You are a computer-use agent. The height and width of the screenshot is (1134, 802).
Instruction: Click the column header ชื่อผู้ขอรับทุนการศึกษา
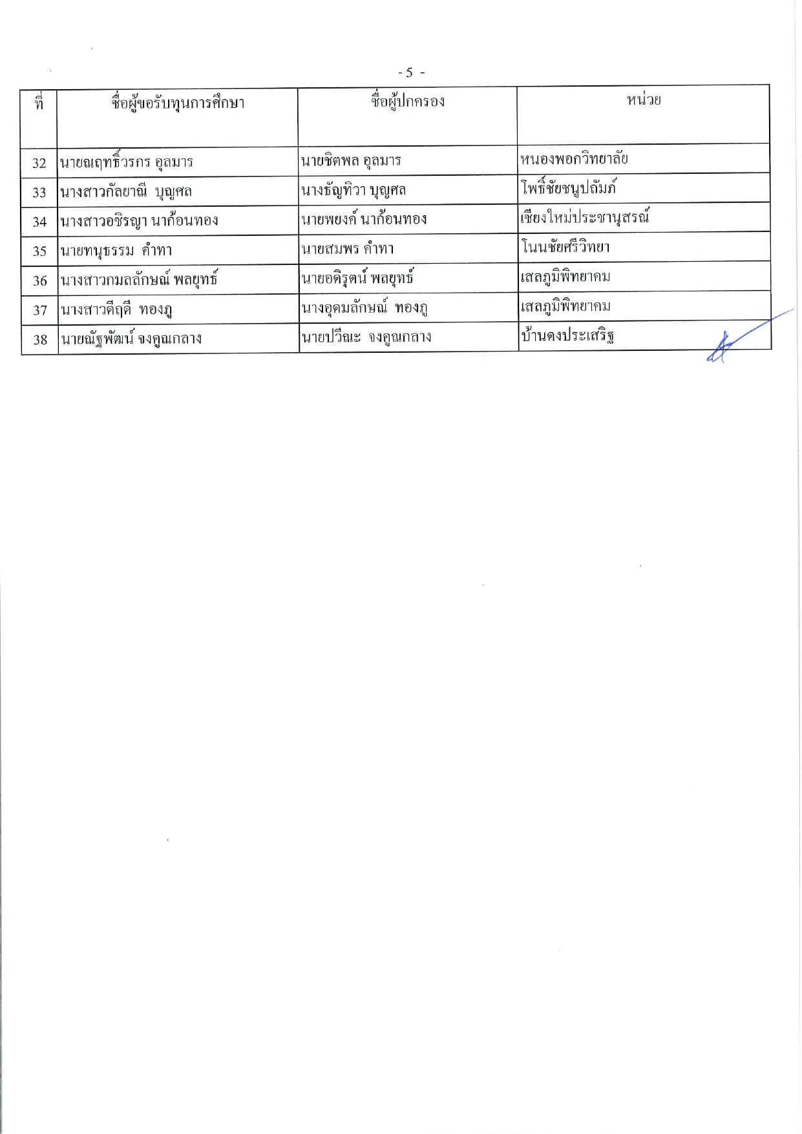pyautogui.click(x=178, y=103)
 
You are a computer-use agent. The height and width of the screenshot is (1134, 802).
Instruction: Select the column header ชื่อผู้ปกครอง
pyautogui.click(x=408, y=102)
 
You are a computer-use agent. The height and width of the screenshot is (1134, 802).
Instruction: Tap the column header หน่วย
pyautogui.click(x=644, y=100)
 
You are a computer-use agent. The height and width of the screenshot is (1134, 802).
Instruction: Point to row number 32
pyautogui.click(x=39, y=163)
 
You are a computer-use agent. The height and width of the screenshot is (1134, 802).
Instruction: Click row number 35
pyautogui.click(x=39, y=251)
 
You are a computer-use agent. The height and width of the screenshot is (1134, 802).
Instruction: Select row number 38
pyautogui.click(x=40, y=340)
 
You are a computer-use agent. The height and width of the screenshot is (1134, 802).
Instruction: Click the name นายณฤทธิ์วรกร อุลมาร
pyautogui.click(x=127, y=162)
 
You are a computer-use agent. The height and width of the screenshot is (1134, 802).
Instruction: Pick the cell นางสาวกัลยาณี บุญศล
pyautogui.click(x=126, y=192)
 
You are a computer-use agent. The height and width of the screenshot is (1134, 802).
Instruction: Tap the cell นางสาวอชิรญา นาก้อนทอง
pyautogui.click(x=139, y=221)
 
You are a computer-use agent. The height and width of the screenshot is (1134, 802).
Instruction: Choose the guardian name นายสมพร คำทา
pyautogui.click(x=348, y=249)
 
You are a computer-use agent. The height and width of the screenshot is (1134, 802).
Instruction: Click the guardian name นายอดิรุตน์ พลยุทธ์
pyautogui.click(x=357, y=278)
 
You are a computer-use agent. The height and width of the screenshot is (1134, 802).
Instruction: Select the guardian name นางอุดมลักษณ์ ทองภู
pyautogui.click(x=364, y=308)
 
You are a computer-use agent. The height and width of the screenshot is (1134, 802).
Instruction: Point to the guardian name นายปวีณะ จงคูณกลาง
pyautogui.click(x=366, y=337)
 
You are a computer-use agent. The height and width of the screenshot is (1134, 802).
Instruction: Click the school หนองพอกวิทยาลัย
pyautogui.click(x=574, y=159)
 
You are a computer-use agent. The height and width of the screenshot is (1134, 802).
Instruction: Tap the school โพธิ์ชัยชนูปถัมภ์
pyautogui.click(x=569, y=189)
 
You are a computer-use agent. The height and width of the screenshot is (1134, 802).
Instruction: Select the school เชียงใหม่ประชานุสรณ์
pyautogui.click(x=585, y=218)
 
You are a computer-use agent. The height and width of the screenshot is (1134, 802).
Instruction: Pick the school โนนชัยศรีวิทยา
pyautogui.click(x=565, y=247)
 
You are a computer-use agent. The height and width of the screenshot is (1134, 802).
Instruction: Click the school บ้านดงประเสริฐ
pyautogui.click(x=567, y=336)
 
